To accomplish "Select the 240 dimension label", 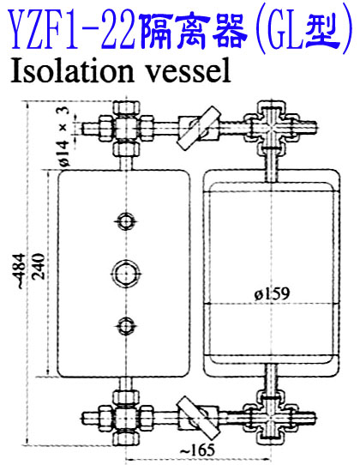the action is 39,266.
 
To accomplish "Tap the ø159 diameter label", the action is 272,294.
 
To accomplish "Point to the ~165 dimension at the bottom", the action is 197,450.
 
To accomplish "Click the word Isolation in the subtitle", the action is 72,70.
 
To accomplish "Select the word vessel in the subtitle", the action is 189,70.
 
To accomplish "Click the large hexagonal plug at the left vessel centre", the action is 127,273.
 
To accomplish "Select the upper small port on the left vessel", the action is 127,221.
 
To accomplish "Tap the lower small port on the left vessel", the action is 127,326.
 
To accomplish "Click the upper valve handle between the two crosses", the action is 199,128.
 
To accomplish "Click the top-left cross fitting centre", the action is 127,129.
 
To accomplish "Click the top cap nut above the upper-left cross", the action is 127,109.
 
